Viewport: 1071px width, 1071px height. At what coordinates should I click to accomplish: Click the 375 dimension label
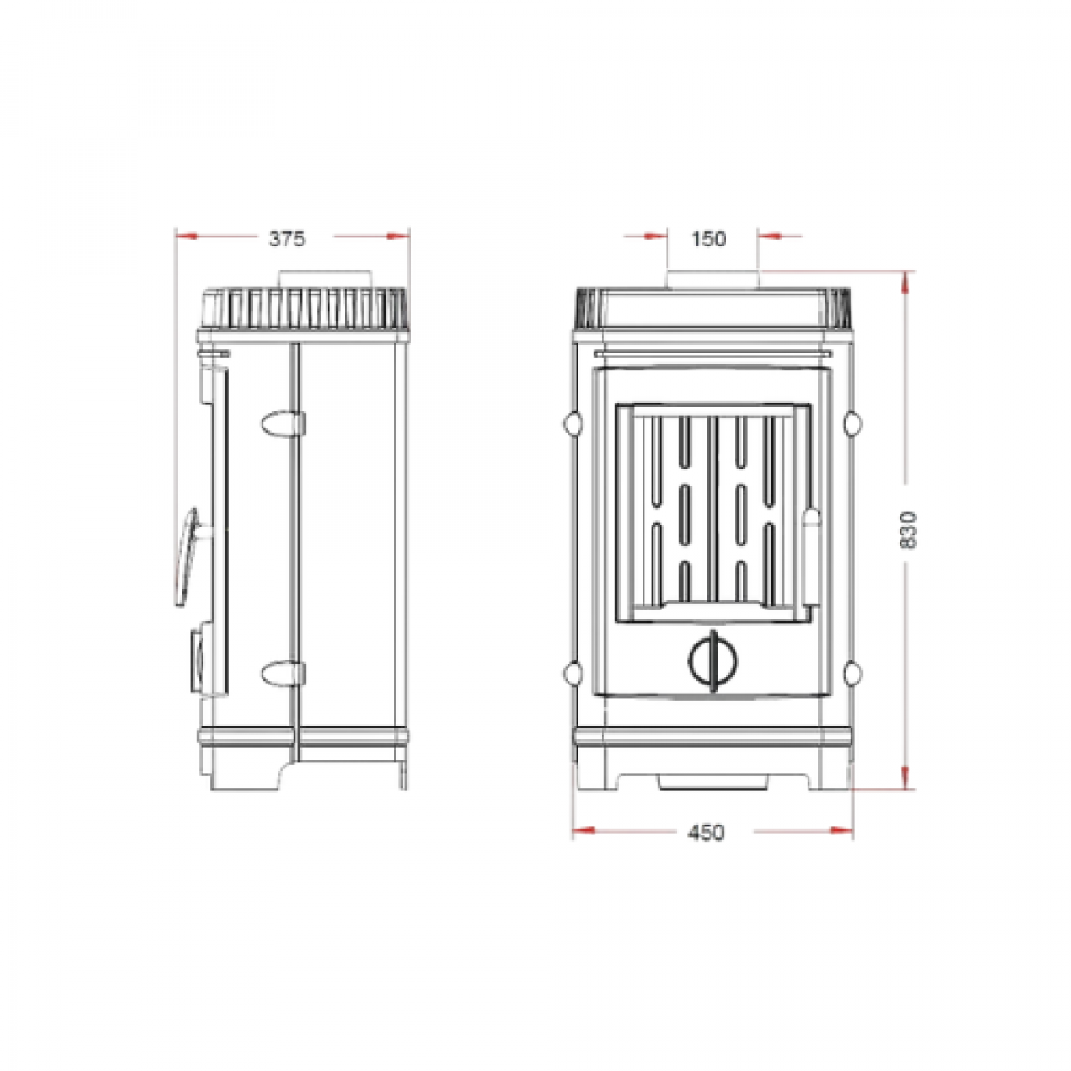point(287,239)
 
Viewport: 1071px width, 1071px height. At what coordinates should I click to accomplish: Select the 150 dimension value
point(709,239)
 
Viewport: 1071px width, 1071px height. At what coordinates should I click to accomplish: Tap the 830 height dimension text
point(907,529)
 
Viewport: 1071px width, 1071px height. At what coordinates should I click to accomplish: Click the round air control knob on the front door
point(714,660)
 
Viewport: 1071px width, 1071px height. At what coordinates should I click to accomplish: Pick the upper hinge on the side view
point(284,424)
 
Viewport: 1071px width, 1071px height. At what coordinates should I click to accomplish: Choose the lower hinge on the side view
point(284,674)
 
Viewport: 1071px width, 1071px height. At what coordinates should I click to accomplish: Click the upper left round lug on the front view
point(572,424)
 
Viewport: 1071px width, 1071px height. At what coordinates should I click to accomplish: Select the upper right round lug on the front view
point(852,424)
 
